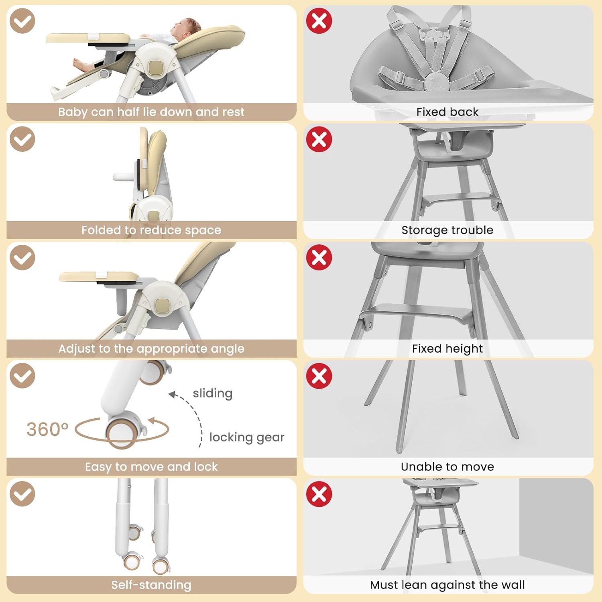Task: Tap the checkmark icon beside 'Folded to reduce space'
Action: pyautogui.click(x=22, y=139)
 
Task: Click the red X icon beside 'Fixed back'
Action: pyautogui.click(x=319, y=20)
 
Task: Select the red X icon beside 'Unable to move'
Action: pyautogui.click(x=319, y=376)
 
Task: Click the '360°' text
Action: pyautogui.click(x=47, y=429)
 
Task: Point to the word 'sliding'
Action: pyautogui.click(x=213, y=393)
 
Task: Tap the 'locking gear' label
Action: pyautogui.click(x=247, y=437)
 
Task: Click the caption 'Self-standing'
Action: pyautogui.click(x=151, y=585)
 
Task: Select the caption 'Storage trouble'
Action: pyautogui.click(x=447, y=230)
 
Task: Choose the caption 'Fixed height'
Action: pyautogui.click(x=447, y=348)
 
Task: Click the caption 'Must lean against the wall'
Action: pyautogui.click(x=447, y=585)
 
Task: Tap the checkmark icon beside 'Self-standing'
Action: pyautogui.click(x=22, y=494)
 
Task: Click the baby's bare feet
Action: pyautogui.click(x=82, y=63)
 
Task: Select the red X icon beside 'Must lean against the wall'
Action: pyautogui.click(x=319, y=494)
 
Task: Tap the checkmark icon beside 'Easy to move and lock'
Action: pyautogui.click(x=22, y=376)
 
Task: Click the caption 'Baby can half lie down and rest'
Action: pyautogui.click(x=151, y=112)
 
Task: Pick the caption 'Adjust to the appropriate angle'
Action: pyautogui.click(x=151, y=348)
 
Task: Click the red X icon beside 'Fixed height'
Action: pyautogui.click(x=319, y=257)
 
